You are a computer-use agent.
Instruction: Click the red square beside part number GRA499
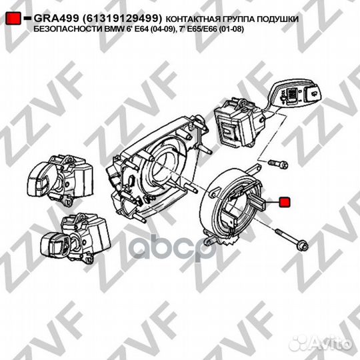pyautogui.click(x=13, y=19)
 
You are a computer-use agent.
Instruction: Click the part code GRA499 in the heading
pyautogui.click(x=57, y=19)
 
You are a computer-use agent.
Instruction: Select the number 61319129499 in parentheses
pyautogui.click(x=123, y=19)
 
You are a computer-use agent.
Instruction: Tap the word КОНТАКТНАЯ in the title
pyautogui.click(x=193, y=19)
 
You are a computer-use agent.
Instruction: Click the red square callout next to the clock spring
pyautogui.click(x=285, y=202)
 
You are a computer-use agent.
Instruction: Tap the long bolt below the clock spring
pyautogui.click(x=291, y=240)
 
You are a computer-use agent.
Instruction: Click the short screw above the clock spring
pyautogui.click(x=278, y=164)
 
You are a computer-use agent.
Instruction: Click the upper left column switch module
pyautogui.click(x=60, y=180)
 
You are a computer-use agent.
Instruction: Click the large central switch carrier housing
pyautogui.click(x=159, y=170)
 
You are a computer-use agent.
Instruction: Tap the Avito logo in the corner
pyautogui.click(x=320, y=343)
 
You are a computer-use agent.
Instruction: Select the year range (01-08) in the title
pyautogui.click(x=231, y=29)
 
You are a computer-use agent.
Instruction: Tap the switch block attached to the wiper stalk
pyautogui.click(x=237, y=122)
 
